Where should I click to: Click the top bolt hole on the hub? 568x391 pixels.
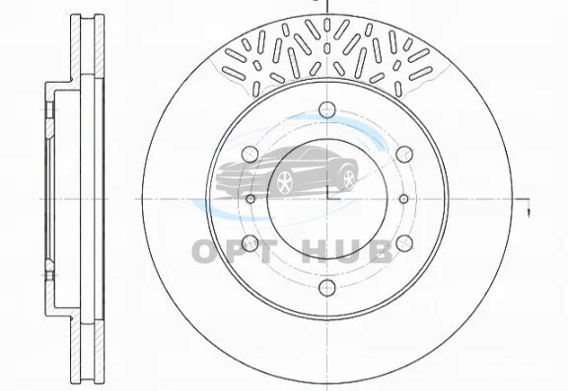pos(327,109)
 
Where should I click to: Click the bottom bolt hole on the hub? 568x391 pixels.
pos(327,288)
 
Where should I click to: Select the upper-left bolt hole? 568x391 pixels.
pos(249,154)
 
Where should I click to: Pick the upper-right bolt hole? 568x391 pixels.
pos(404,154)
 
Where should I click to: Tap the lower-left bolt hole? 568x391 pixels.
pos(249,243)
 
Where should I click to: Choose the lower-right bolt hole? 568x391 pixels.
pos(404,243)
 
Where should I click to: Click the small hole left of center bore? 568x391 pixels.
pos(250,199)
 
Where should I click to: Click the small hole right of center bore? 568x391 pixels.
pos(404,199)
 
